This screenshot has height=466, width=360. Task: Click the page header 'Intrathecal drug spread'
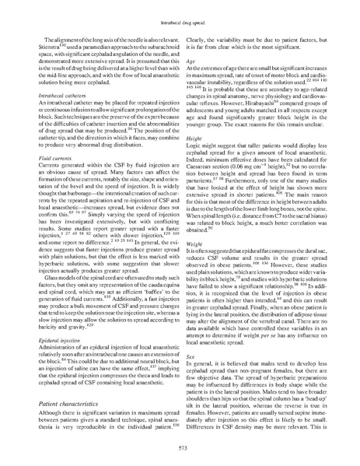tap(180, 16)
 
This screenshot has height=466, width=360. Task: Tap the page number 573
tap(180, 450)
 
